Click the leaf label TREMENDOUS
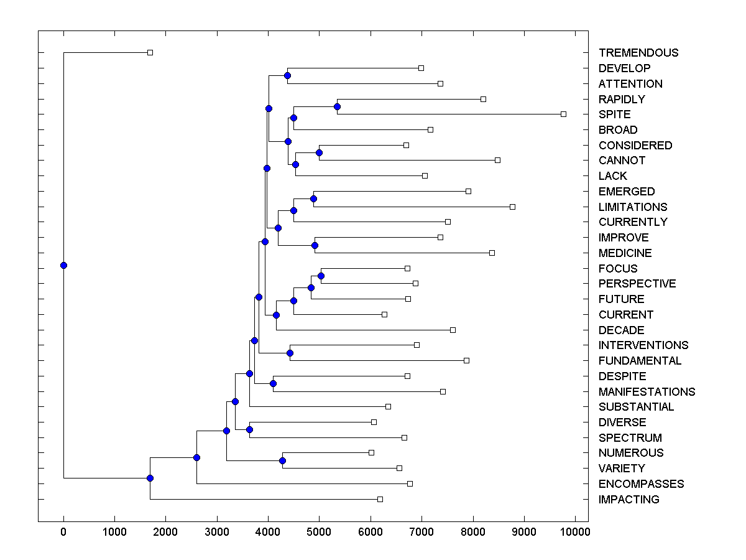(x=638, y=53)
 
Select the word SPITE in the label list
(x=614, y=114)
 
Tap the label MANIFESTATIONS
(x=647, y=392)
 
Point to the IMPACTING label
(x=629, y=500)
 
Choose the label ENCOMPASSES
(x=641, y=484)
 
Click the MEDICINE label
(x=625, y=253)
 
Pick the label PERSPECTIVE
(x=637, y=284)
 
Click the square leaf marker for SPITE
(x=563, y=114)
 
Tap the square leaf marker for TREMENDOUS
(x=150, y=52)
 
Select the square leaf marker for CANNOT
(x=497, y=160)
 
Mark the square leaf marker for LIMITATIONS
(x=512, y=207)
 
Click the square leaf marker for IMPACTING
(x=380, y=499)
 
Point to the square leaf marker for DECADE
(x=453, y=330)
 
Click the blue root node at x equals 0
(x=63, y=265)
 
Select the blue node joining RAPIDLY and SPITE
(x=337, y=106)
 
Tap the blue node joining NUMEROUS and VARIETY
(x=282, y=460)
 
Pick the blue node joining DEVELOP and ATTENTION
(x=287, y=75)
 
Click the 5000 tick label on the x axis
(x=319, y=532)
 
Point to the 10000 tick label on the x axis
(x=575, y=532)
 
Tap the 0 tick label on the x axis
(x=63, y=532)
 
